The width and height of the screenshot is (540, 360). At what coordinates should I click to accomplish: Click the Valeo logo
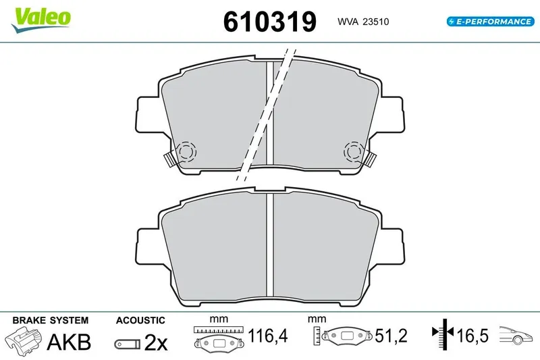click(x=41, y=20)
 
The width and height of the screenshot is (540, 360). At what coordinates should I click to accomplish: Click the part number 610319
click(x=269, y=22)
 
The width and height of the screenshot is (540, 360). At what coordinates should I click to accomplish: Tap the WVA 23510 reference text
click(x=363, y=22)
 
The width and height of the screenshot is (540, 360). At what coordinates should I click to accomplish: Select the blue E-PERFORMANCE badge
click(x=491, y=22)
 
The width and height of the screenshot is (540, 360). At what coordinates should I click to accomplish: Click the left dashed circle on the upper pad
click(x=186, y=151)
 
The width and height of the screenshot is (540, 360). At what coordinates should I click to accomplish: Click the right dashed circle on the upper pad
click(x=354, y=151)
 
